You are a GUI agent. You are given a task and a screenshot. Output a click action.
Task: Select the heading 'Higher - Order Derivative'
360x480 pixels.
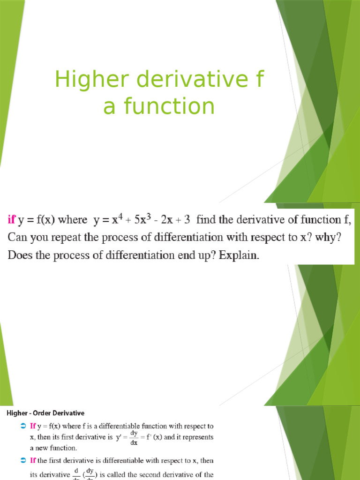(45, 413)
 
